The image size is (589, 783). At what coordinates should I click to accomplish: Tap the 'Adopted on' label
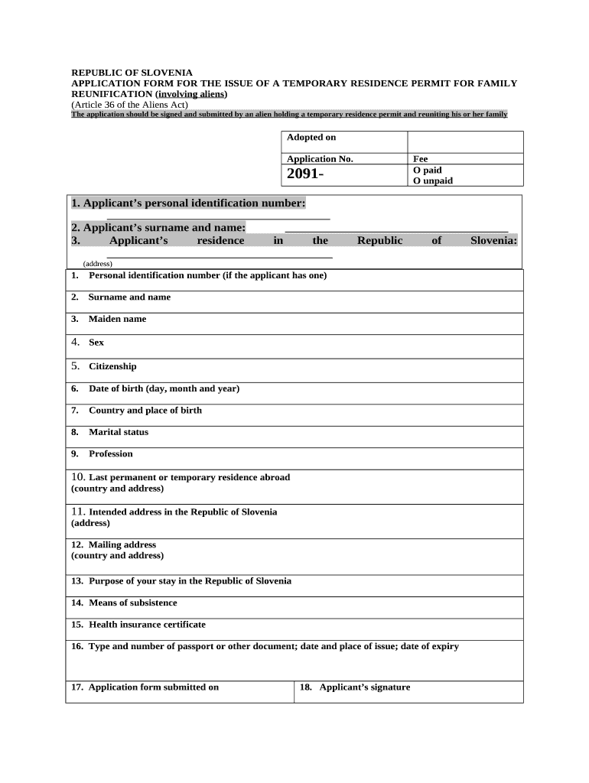pyautogui.click(x=311, y=138)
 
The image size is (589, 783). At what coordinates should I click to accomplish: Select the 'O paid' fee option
pyautogui.click(x=428, y=170)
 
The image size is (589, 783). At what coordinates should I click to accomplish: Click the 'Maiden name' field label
pyautogui.click(x=117, y=319)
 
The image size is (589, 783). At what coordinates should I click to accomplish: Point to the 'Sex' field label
pyautogui.click(x=96, y=343)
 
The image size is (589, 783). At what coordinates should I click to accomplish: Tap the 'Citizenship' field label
pyautogui.click(x=112, y=366)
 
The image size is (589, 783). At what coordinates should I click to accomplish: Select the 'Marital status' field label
pyautogui.click(x=119, y=432)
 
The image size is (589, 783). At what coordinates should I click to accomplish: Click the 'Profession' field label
pyautogui.click(x=111, y=454)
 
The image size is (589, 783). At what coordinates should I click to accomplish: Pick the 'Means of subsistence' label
pyautogui.click(x=132, y=603)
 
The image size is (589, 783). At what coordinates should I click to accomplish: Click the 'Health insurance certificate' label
pyautogui.click(x=147, y=625)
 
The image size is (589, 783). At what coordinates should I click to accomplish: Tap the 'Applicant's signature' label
pyautogui.click(x=364, y=687)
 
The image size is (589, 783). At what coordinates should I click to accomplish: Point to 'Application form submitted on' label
pyautogui.click(x=153, y=687)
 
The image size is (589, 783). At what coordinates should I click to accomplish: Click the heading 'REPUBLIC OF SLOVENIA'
pyautogui.click(x=132, y=73)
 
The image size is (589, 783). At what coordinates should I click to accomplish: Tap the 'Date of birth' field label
pyautogui.click(x=164, y=388)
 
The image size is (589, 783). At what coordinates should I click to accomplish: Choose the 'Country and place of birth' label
pyautogui.click(x=145, y=411)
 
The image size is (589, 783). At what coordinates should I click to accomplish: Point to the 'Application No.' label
pyautogui.click(x=320, y=159)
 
